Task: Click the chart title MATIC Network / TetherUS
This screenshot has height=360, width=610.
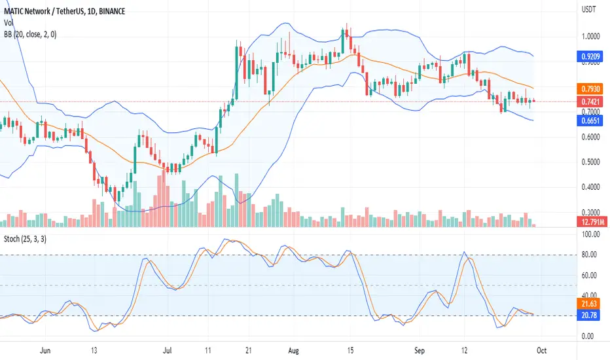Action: point(46,11)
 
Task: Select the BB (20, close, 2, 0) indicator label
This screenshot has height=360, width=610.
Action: point(30,35)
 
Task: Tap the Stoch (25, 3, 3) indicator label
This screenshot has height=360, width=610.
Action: point(25,239)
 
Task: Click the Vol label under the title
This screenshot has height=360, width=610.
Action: point(9,23)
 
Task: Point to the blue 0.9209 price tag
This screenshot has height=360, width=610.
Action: point(590,57)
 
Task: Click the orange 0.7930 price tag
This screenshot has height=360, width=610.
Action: point(590,89)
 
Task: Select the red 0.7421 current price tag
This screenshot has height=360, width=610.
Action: point(590,102)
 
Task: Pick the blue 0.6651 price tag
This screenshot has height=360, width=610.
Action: point(590,120)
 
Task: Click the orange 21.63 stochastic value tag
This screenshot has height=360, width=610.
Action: point(588,304)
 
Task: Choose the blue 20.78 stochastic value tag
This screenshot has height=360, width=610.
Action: point(588,315)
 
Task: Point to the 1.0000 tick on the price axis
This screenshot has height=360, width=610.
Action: point(590,37)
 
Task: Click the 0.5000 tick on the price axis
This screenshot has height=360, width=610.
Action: point(590,162)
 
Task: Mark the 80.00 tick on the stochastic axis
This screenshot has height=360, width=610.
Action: point(588,255)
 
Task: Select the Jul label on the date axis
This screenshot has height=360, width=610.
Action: point(168,351)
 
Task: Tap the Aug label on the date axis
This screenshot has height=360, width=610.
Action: point(293,351)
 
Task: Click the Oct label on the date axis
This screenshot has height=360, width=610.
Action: point(541,351)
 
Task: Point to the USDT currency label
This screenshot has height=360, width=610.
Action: point(588,9)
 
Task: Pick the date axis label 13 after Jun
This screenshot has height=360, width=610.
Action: point(94,351)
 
